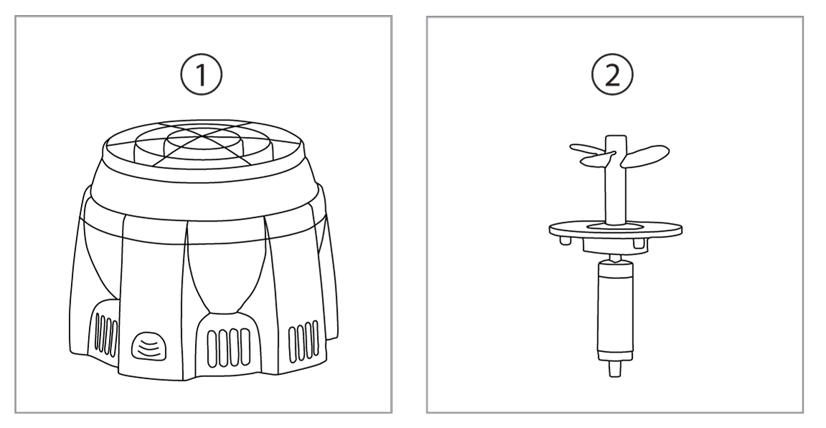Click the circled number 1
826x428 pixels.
[201, 75]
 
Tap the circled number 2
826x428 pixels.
[612, 75]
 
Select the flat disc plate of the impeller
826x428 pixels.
[615, 229]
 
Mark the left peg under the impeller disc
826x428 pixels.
[565, 240]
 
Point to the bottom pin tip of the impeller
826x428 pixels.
[614, 368]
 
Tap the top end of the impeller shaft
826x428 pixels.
[616, 138]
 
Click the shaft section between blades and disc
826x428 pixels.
[616, 195]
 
